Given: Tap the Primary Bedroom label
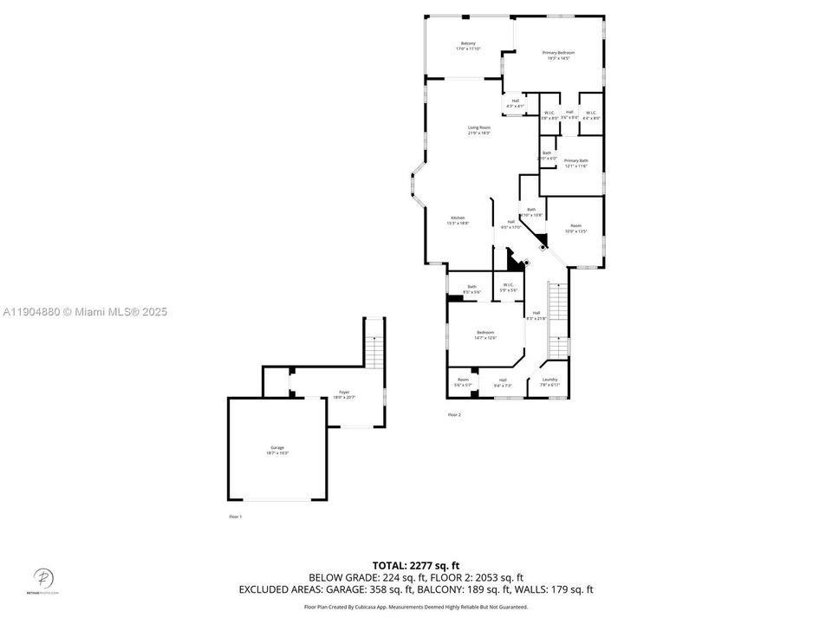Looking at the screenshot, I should click(558, 55).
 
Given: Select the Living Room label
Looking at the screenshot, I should click(479, 130).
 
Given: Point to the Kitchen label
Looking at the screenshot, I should click(458, 220).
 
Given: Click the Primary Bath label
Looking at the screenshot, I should click(575, 163).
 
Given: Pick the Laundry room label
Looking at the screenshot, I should click(549, 381).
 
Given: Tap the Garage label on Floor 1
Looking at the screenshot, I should click(277, 450).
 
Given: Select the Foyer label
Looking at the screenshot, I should click(344, 394).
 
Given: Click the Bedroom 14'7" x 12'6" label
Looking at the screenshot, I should click(485, 335).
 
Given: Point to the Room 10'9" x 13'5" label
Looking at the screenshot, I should click(576, 229).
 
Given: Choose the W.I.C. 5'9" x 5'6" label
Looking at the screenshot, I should click(508, 287).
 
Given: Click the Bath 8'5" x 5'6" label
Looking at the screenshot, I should click(472, 289).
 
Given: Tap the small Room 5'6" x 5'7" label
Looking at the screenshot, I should click(463, 381).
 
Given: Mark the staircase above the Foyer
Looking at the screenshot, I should click(374, 351).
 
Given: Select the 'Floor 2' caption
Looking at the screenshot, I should click(454, 415).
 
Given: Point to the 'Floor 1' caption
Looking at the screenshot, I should click(235, 517).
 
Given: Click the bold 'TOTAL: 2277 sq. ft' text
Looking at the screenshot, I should click(416, 565).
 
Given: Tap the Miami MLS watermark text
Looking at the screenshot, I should click(84, 312).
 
